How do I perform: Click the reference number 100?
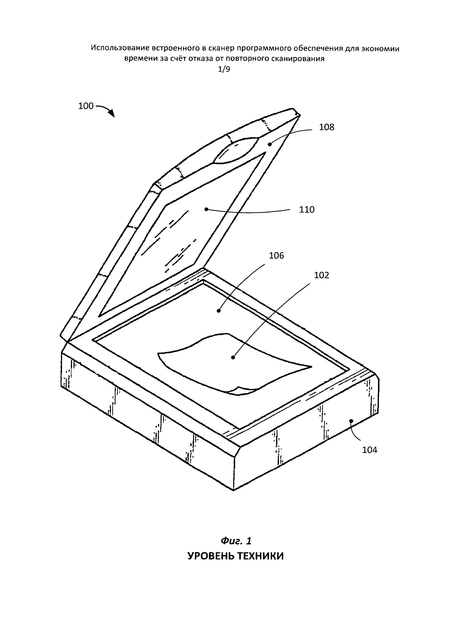pos(86,106)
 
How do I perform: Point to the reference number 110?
pos(307,210)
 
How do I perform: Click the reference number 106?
pos(276,256)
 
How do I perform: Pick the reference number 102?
pos(321,275)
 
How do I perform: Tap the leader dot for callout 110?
pos(206,209)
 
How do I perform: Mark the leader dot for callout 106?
pos(218,311)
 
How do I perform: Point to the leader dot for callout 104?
pos(351,421)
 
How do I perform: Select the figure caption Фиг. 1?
pos(236,541)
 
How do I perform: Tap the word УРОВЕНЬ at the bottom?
pos(211,556)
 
